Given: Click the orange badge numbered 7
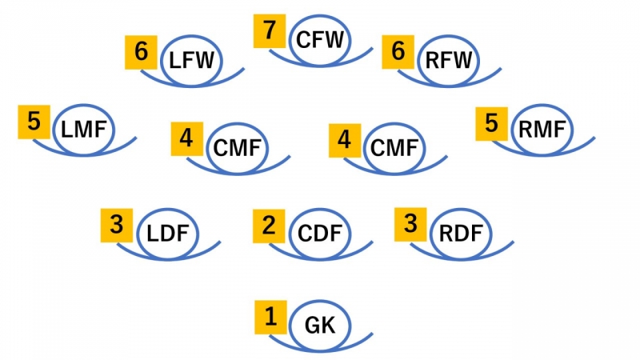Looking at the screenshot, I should coord(270,31).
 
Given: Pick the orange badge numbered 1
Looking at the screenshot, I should coord(270,318).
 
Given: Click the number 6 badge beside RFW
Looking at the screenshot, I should coord(398,52).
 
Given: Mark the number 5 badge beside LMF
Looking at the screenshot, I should coord(34,121).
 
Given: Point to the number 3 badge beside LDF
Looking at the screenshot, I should coord(117,225).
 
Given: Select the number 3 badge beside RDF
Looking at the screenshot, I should coord(411,225).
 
